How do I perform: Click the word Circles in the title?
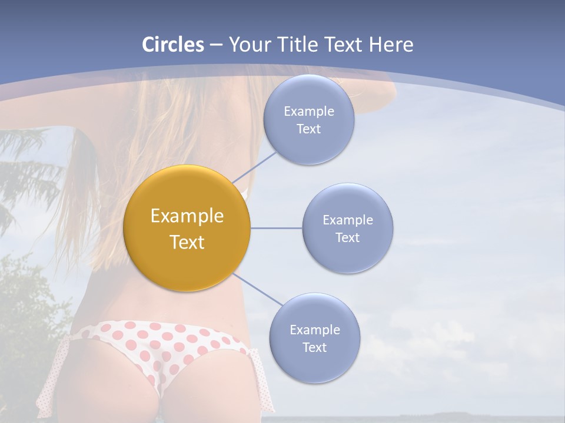[173, 45]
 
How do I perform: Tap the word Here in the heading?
[391, 45]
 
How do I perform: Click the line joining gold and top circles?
[254, 167]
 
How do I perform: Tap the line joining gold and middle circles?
[277, 228]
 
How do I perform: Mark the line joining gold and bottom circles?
[257, 288]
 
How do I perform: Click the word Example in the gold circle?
[187, 216]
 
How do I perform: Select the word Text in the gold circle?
[187, 242]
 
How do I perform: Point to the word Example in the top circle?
[309, 112]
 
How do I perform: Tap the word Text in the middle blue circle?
[348, 237]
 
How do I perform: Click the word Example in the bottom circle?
[315, 330]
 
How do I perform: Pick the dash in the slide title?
[216, 45]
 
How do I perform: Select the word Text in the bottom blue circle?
[315, 348]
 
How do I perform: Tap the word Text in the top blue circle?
[309, 129]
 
